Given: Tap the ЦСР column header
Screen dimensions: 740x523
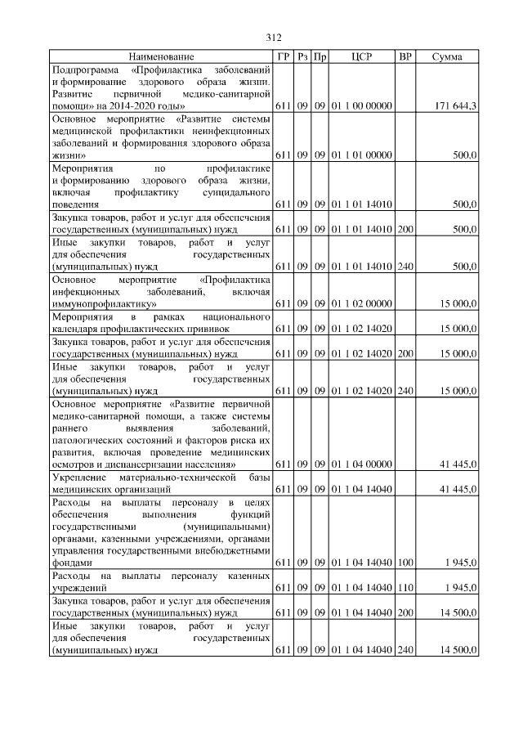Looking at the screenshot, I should (362, 57).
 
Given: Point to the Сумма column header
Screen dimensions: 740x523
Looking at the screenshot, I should (447, 57).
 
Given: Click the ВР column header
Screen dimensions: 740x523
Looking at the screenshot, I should (405, 57).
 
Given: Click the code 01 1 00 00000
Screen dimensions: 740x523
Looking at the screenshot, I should (362, 106).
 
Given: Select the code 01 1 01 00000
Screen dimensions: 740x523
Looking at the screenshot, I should (362, 155).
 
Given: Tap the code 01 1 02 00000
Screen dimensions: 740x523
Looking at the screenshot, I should (362, 304).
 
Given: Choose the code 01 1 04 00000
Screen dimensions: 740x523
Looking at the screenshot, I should (362, 464).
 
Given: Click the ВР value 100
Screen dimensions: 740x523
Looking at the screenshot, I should (405, 563).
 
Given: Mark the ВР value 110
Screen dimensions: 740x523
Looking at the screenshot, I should (405, 588).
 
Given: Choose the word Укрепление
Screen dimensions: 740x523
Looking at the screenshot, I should (77, 477).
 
